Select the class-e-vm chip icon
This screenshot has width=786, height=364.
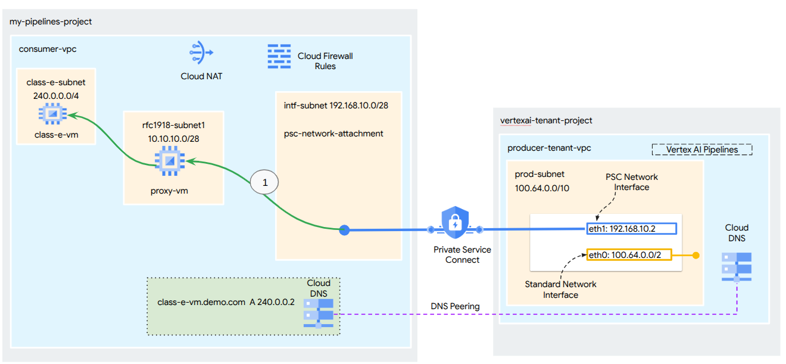click(x=52, y=113)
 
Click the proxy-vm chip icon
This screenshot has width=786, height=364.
click(x=169, y=161)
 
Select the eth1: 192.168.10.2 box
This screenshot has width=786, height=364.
click(x=632, y=229)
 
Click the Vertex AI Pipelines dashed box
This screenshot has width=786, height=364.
click(x=702, y=150)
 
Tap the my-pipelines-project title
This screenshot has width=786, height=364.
click(x=51, y=22)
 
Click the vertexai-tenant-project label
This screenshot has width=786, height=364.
click(x=546, y=121)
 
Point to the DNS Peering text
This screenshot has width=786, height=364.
click(x=455, y=306)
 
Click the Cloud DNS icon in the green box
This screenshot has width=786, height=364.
click(x=319, y=312)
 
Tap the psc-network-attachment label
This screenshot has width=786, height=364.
click(x=333, y=133)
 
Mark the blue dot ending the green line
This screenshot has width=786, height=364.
click(x=344, y=229)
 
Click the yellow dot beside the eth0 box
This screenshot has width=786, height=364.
click(x=694, y=256)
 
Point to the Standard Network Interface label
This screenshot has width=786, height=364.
click(x=560, y=290)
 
